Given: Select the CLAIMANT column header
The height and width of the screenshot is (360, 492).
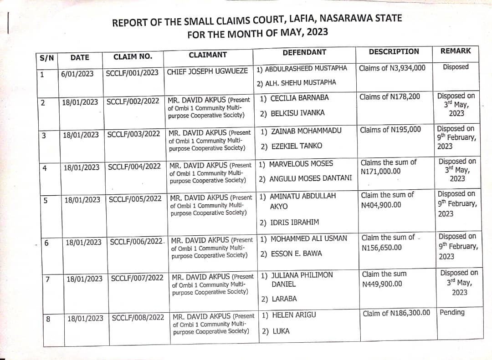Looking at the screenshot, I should coord(208,55).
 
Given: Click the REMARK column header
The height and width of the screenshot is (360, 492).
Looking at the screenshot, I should coord(456,51).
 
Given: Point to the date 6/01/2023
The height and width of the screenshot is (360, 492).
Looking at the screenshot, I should coord(77,73).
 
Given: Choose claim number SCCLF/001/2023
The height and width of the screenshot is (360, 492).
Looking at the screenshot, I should coord(132,72).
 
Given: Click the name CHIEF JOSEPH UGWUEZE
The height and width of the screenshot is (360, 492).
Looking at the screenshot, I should coord(208,71).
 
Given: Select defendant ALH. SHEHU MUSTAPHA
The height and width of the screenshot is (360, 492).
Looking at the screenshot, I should coord(297,82).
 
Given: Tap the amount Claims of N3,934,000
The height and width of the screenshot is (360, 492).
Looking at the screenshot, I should coord(392,68).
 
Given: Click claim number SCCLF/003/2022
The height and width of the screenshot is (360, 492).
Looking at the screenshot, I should coord(133,134).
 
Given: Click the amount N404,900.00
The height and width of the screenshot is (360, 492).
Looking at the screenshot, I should coord(381,205).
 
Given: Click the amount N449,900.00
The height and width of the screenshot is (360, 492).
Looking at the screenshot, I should coord(382,284).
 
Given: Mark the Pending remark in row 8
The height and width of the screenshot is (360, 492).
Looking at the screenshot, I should coord(452,312).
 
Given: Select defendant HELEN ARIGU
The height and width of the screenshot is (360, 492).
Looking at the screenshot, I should coord(293,315).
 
